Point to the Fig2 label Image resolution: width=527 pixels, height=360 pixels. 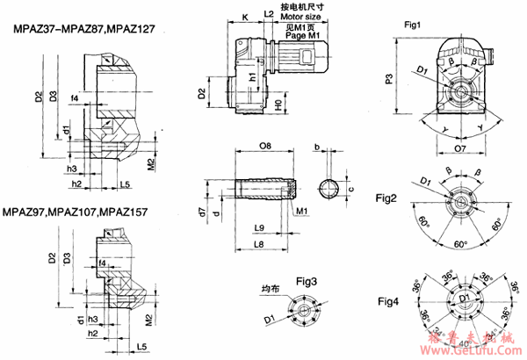[x=387, y=197]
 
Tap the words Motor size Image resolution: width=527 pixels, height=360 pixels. [x=303, y=17]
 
